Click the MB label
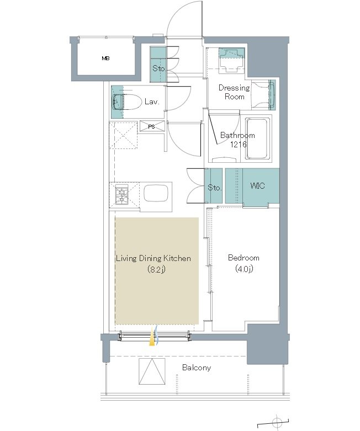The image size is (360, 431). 106,58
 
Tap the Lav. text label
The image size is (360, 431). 152,102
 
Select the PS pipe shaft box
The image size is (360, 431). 151,126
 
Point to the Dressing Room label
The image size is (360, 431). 234,92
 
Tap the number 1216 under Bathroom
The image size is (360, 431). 238,144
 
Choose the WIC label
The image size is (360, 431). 258,186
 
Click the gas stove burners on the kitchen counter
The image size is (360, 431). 121,195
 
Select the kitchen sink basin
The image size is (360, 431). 156,195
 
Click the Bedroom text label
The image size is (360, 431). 243,258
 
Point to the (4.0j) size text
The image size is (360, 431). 244,269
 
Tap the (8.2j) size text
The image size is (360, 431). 156,269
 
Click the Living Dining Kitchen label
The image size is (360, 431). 153,258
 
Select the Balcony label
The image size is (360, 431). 197,368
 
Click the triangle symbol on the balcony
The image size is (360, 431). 152,372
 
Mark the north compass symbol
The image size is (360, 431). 277,422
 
